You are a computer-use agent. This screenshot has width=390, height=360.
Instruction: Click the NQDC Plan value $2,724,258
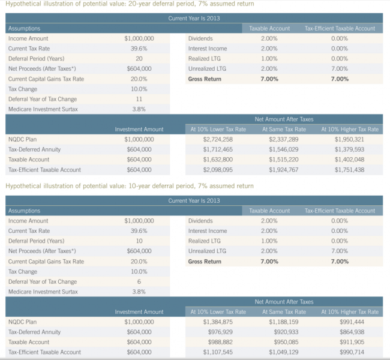click(218, 139)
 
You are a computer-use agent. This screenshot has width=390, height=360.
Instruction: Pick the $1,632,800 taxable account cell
click(218, 160)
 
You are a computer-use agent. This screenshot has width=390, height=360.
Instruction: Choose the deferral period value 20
click(139, 59)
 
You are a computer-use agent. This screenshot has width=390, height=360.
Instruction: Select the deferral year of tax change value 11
click(139, 99)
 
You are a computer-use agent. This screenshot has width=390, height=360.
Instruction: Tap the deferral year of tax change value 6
click(139, 281)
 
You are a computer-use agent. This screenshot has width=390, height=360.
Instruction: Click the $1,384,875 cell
click(218, 322)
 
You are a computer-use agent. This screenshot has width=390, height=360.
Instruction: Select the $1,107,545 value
click(218, 352)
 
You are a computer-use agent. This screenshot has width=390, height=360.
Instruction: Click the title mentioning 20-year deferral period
click(129, 4)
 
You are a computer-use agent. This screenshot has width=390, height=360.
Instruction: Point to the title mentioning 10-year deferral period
click(129, 186)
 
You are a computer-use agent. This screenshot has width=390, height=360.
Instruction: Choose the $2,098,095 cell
click(218, 170)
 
